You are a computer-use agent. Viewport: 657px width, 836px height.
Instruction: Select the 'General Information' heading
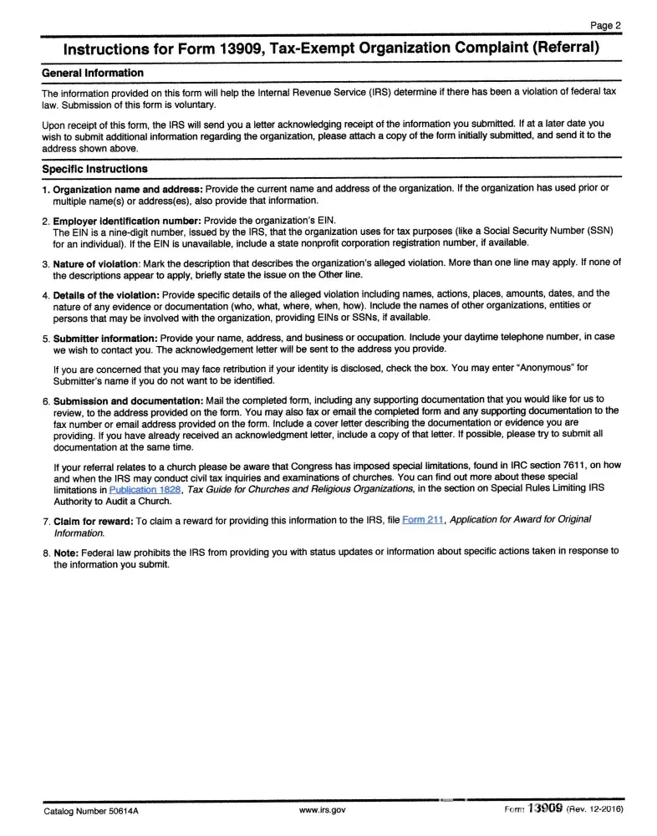(x=92, y=73)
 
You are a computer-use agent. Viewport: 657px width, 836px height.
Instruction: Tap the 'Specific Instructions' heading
(x=94, y=169)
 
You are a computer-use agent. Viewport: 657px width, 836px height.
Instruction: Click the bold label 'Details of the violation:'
(x=106, y=295)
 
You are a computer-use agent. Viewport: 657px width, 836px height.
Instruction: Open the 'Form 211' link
(x=423, y=520)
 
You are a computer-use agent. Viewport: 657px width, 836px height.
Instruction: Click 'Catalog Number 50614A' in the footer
(x=92, y=810)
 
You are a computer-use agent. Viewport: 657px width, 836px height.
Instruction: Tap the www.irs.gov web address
(x=322, y=810)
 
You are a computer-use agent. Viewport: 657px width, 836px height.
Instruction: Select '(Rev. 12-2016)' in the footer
(x=595, y=810)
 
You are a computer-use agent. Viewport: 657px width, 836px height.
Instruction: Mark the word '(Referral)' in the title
(x=565, y=47)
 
